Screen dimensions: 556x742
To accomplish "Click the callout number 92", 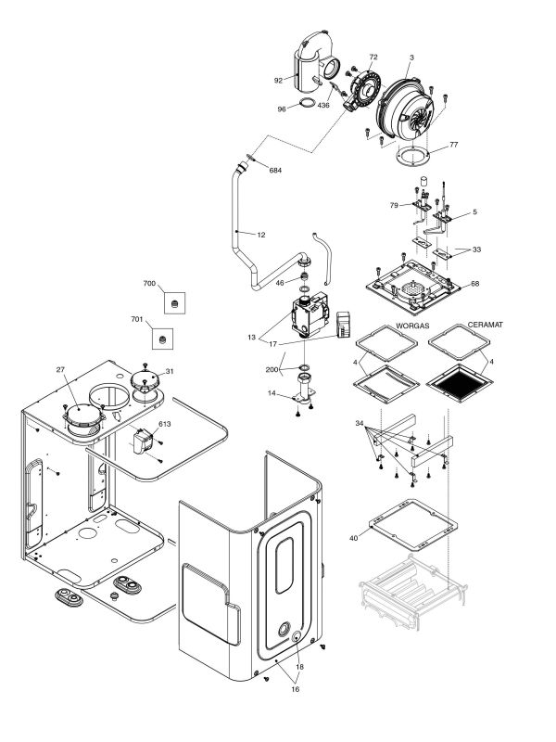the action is coord(278,81).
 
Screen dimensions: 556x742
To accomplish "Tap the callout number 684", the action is coord(275,171).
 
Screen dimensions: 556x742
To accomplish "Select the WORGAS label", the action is coord(412,326).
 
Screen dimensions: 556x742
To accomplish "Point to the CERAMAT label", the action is coord(485,325).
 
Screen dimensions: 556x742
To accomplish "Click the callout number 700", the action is coord(149,284).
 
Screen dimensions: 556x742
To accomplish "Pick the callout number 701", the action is coord(136,319).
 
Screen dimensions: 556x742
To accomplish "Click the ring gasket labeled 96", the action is coord(307,103).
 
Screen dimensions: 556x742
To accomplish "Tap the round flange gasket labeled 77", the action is coord(413,157).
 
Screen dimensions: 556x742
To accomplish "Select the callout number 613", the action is coord(165,424).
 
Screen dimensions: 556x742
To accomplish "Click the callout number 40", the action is coord(354,538).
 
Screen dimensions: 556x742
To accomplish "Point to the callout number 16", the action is coord(295,689).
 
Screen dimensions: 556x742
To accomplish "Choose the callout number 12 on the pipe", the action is coord(261,235).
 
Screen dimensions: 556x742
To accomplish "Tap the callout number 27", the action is coord(60,369).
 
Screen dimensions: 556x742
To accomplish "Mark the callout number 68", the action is coord(474,284).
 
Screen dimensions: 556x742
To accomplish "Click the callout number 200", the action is coord(272,369).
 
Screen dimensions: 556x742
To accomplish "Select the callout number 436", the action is coord(323,105).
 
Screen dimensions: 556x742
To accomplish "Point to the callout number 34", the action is coord(360,424).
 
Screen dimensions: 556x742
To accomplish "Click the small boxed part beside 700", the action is coord(174,303).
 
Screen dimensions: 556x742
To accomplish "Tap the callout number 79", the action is coord(395,205).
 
